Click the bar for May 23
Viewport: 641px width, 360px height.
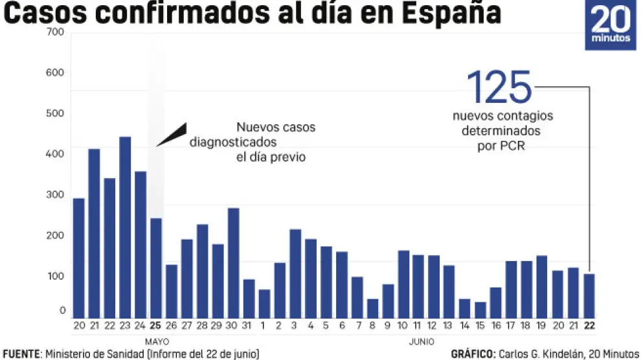coord(125,227)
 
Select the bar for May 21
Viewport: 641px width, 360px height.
coord(94,233)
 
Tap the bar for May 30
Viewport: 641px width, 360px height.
coord(233,262)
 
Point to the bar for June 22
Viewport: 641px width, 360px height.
coord(589,295)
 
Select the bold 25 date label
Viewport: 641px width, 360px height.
coord(155,325)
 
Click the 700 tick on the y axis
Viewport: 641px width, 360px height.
coord(56,32)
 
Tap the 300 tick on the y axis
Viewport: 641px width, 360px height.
coord(56,194)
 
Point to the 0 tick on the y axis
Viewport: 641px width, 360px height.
coord(62,311)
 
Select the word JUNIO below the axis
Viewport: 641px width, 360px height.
coord(422,341)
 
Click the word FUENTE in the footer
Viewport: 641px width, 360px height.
coord(21,354)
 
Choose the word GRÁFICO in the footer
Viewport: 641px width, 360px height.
coord(472,354)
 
